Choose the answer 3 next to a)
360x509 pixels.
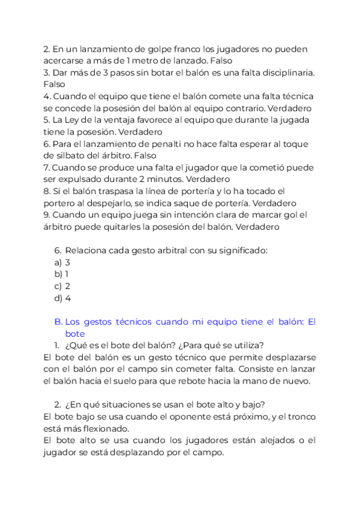click(68, 262)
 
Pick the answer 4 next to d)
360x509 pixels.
click(68, 298)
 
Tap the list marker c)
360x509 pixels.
click(58, 286)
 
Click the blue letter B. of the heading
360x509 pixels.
click(58, 322)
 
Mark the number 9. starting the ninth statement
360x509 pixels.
click(47, 215)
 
